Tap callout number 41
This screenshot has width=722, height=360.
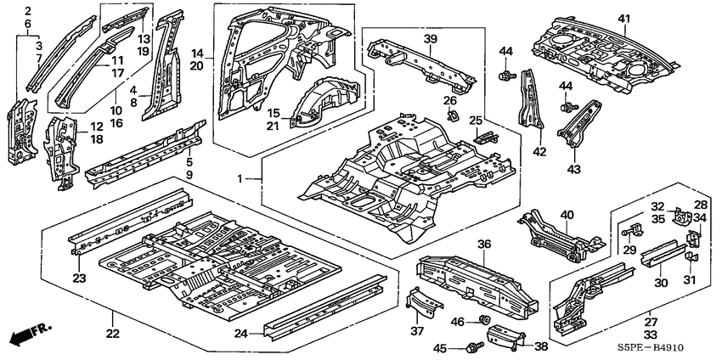[624, 19]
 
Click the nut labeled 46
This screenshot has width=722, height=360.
[483, 319]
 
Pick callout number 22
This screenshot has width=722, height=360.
[113, 334]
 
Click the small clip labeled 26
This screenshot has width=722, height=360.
[453, 115]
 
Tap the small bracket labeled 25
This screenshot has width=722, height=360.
[485, 138]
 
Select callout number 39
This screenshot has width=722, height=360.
[430, 39]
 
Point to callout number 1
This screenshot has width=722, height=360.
[240, 178]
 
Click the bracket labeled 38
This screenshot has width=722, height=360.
[506, 335]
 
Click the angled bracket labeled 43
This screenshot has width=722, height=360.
[579, 123]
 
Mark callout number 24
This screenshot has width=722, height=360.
[241, 334]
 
